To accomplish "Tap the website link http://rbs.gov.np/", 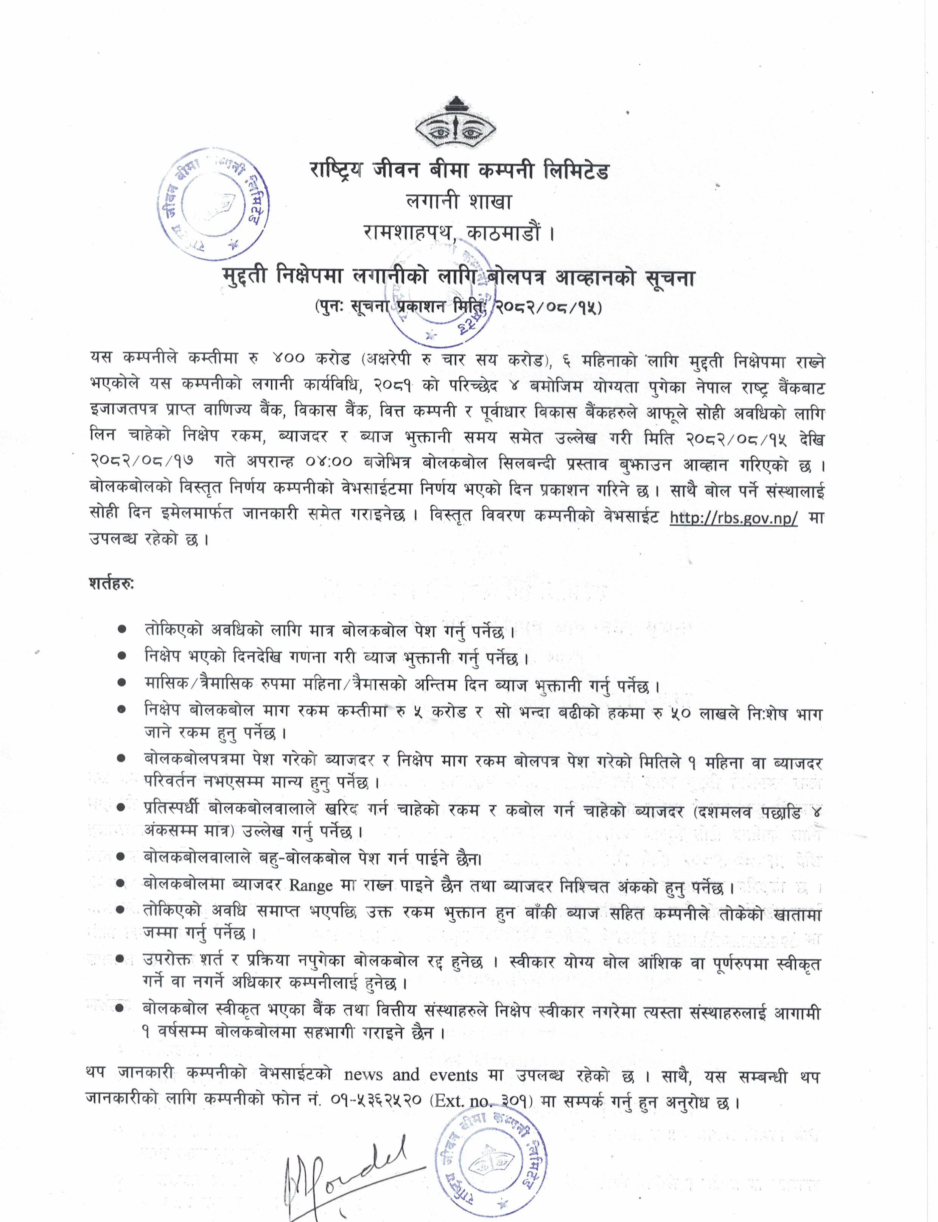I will coord(733,517).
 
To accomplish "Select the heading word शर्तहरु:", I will coord(111,584).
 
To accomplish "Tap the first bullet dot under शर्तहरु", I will coord(122,629).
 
